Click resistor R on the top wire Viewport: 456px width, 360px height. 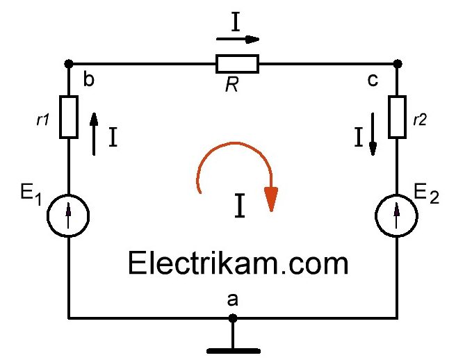coord(237,64)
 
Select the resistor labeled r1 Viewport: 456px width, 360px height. coord(68,117)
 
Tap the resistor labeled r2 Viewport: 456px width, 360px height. coord(397,116)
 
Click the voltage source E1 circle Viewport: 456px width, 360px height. coord(68,213)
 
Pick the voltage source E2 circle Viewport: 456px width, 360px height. coord(397,213)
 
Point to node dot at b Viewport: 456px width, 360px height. coord(68,64)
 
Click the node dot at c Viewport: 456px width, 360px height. coord(397,64)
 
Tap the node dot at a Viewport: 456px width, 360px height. coord(233,318)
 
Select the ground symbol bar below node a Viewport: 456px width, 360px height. coord(233,350)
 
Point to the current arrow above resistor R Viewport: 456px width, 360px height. coord(240,40)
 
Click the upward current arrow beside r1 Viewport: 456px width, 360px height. coord(95,133)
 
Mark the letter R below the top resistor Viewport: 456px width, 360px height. coord(232,85)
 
